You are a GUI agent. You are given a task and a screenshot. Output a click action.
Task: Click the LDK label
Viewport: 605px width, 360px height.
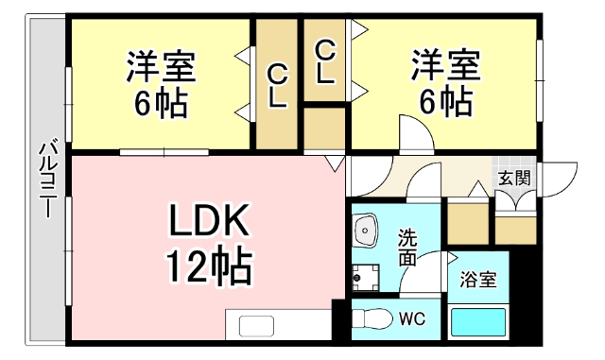pos(209,222)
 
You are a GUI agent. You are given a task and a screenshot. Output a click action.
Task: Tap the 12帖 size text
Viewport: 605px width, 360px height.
pos(210,266)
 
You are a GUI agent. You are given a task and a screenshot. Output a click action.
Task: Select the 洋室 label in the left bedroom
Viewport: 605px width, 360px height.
pos(162,67)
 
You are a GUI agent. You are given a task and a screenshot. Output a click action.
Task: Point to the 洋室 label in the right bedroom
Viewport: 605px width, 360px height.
pos(444,67)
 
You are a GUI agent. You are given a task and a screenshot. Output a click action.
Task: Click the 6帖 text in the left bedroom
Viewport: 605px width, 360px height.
pos(161,101)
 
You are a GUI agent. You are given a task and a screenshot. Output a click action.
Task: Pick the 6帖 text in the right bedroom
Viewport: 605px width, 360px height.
pos(444,101)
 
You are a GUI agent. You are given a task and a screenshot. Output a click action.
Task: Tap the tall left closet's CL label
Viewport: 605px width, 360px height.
pos(277,86)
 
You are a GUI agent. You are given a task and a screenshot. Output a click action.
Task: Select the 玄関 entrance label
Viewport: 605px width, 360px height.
pos(513,177)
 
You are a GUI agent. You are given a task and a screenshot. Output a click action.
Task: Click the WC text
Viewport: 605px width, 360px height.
pos(410,318)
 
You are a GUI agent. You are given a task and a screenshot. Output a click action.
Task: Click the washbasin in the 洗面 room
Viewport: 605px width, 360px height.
pos(364,230)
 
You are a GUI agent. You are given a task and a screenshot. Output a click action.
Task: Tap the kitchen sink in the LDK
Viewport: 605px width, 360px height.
pos(256,325)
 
